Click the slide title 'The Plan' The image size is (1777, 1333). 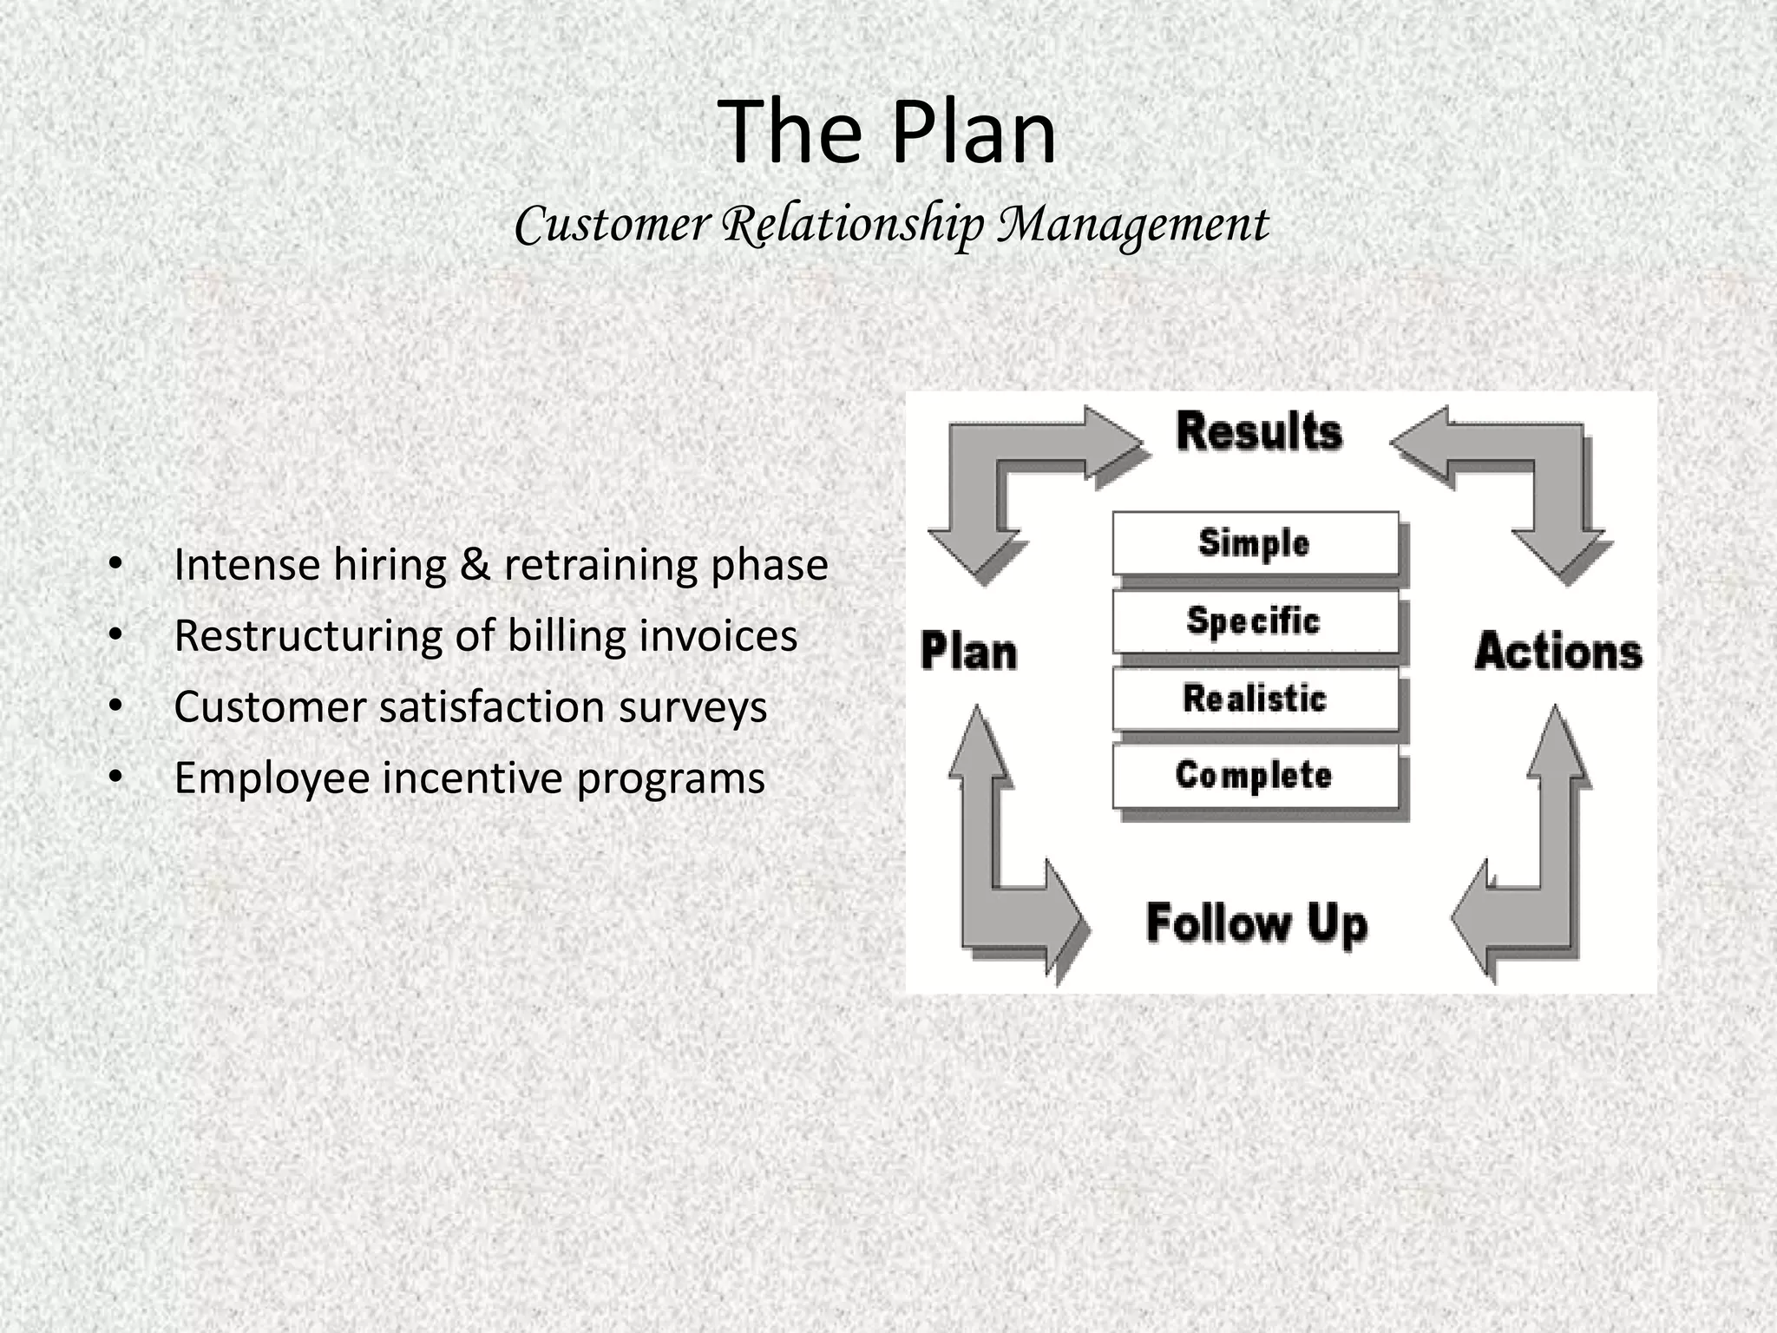click(x=888, y=132)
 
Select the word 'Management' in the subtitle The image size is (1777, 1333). click(x=1133, y=225)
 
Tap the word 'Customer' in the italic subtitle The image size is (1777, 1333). click(x=613, y=225)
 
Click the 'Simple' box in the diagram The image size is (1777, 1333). click(x=1255, y=543)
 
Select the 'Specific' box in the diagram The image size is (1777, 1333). click(x=1255, y=621)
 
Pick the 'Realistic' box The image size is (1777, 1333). click(x=1255, y=699)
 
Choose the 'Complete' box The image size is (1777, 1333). click(x=1255, y=776)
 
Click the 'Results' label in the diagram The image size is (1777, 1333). click(x=1259, y=432)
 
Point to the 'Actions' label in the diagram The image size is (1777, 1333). click(x=1558, y=652)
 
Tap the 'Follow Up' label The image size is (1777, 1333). click(x=1256, y=923)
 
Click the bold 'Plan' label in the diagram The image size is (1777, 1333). click(x=968, y=652)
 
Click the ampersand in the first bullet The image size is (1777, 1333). click(x=475, y=565)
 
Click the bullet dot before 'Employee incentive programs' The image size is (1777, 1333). click(x=116, y=778)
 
